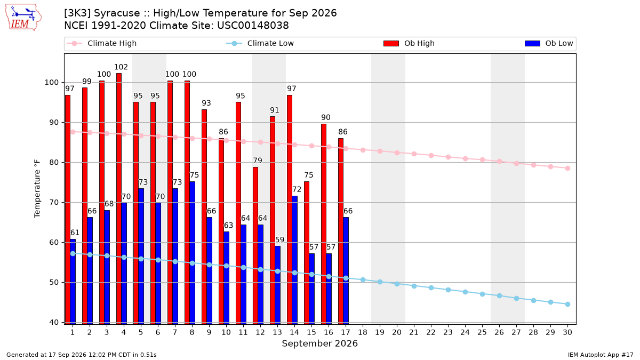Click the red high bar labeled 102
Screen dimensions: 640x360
click(119, 198)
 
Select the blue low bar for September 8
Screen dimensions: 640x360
click(193, 253)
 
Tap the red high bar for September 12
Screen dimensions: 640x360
click(255, 245)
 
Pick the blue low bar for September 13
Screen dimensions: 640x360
click(278, 285)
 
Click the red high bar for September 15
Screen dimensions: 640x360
click(307, 253)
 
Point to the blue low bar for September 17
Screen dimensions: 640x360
click(346, 270)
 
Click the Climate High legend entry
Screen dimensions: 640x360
click(102, 43)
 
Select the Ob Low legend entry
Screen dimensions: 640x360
click(549, 43)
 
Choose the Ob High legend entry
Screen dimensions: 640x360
click(409, 43)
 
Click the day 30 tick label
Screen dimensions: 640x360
click(567, 332)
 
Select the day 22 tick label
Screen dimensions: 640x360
click(431, 332)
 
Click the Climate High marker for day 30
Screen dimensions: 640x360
click(567, 169)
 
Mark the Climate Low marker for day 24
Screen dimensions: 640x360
click(465, 292)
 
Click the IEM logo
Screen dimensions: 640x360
click(23, 18)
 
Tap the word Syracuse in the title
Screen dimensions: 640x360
click(117, 13)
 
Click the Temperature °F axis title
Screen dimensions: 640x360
click(37, 189)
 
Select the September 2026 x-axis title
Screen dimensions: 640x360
click(319, 343)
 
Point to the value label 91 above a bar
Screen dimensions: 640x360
click(274, 110)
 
